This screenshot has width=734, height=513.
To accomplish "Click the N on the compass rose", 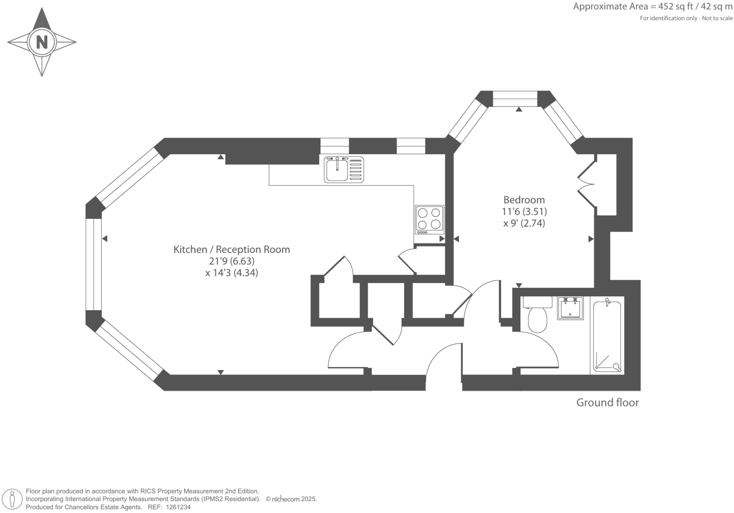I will [42, 42].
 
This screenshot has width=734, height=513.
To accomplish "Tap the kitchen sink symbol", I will [344, 169].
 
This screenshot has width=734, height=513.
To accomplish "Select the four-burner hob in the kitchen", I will [429, 219].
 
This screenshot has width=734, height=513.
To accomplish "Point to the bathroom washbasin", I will [570, 308].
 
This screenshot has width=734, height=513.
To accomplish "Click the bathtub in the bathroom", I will [607, 336].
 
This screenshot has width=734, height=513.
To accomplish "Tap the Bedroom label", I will [524, 200].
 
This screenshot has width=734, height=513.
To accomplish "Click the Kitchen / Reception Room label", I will [232, 249].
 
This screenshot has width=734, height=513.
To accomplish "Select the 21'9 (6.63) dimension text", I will [232, 261].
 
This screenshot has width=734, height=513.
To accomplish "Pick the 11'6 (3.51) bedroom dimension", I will [524, 211].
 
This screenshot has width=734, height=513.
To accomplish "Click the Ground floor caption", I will [607, 402].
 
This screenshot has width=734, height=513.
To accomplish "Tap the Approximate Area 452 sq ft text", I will [652, 7].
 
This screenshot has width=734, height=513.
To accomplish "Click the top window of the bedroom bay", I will [515, 99].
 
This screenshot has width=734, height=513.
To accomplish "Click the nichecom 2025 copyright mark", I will [291, 499].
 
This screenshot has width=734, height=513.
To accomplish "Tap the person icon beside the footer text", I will [13, 499].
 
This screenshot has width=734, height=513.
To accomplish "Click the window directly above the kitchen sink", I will [335, 146].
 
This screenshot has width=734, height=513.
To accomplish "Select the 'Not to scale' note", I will [717, 18].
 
